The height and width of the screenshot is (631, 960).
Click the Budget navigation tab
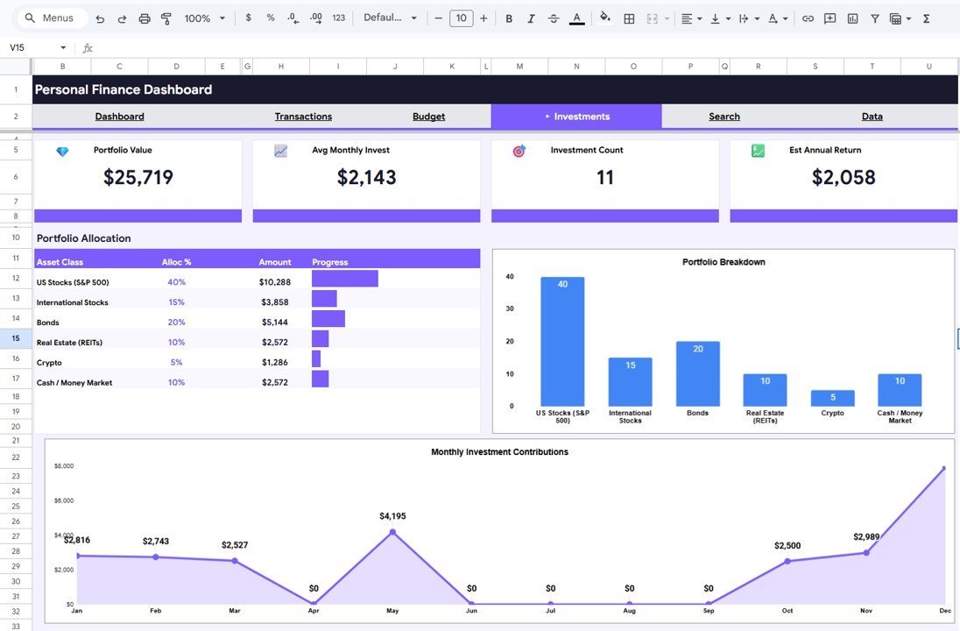click(428, 117)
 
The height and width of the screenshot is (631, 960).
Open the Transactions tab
click(303, 117)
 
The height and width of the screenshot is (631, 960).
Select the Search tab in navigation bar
click(724, 117)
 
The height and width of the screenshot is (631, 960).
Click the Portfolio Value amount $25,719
click(138, 177)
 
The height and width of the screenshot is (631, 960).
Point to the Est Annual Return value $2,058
click(844, 177)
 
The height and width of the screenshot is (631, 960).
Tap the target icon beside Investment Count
click(519, 151)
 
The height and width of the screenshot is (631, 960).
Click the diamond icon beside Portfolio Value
click(62, 152)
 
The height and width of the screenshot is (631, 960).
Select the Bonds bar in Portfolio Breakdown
click(697, 373)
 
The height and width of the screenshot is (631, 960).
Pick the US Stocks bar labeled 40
click(562, 342)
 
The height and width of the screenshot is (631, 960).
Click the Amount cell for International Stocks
click(275, 302)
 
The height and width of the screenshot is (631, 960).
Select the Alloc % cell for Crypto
click(176, 363)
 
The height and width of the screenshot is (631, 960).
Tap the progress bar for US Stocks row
click(344, 279)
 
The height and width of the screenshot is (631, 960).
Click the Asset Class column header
click(60, 262)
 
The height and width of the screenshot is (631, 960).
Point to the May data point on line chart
click(392, 532)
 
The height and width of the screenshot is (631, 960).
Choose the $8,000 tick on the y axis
click(64, 466)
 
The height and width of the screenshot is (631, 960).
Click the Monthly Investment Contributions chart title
click(499, 452)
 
